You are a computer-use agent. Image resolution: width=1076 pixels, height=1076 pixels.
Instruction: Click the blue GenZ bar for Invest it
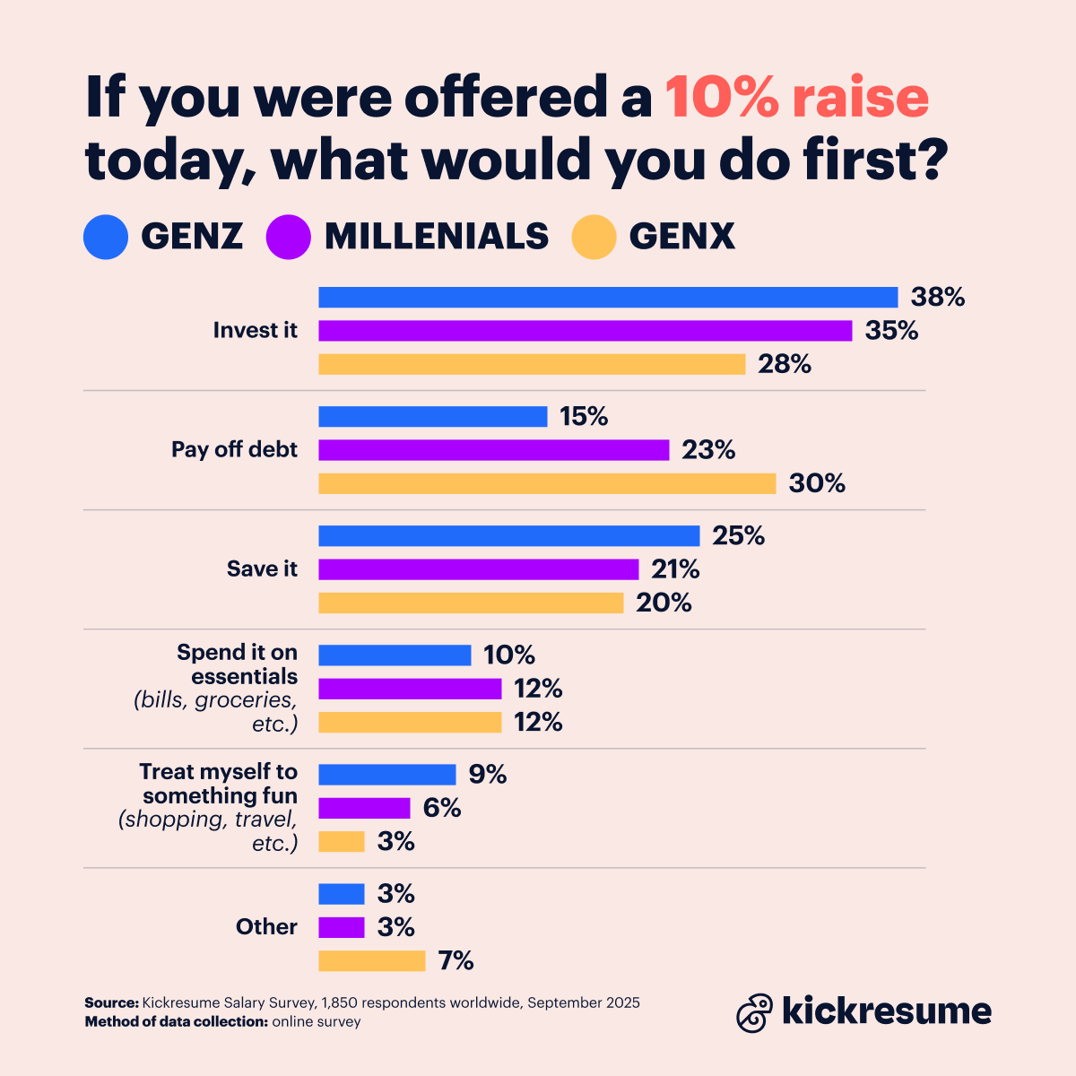608,297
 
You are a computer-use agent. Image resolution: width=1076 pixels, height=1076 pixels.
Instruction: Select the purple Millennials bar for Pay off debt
494,450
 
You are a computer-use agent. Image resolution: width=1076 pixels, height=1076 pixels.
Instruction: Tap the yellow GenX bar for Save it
471,603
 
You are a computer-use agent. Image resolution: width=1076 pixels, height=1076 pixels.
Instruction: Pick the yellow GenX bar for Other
371,961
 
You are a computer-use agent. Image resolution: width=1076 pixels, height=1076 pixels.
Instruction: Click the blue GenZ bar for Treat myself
387,775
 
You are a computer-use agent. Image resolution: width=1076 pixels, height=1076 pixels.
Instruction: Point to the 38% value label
938,297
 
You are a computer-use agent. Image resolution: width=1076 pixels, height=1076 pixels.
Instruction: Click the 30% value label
817,483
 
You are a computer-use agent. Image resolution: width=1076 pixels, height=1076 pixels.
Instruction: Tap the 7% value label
456,961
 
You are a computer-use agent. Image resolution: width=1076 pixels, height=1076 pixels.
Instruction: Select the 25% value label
739,536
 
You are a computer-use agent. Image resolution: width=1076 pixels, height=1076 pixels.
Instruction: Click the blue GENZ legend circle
106,237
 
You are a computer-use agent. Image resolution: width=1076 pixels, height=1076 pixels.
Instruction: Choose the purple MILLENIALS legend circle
289,237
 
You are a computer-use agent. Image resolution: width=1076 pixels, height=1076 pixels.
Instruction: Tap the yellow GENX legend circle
594,237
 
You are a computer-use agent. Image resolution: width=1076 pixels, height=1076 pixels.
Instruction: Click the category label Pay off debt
234,449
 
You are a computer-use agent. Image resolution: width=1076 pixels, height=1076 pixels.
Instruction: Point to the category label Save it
262,569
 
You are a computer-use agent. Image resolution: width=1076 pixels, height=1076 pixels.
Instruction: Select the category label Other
266,927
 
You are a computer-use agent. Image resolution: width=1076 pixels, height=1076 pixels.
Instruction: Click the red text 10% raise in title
796,98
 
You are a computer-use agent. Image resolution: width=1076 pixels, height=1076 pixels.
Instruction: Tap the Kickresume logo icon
754,1012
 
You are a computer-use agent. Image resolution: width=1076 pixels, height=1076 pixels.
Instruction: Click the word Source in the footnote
111,1002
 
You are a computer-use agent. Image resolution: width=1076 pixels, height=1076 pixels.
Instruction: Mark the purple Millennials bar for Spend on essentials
410,689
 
